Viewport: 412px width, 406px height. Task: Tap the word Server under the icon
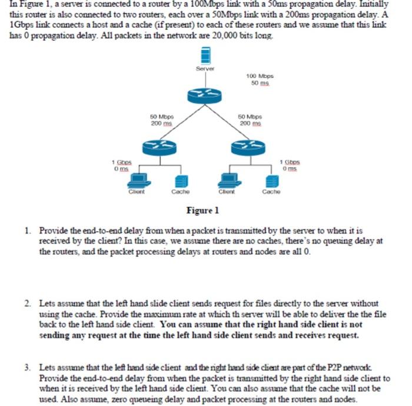click(205, 69)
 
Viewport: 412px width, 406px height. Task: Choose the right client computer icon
click(226, 180)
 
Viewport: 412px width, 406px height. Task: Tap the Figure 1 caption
click(202, 210)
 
